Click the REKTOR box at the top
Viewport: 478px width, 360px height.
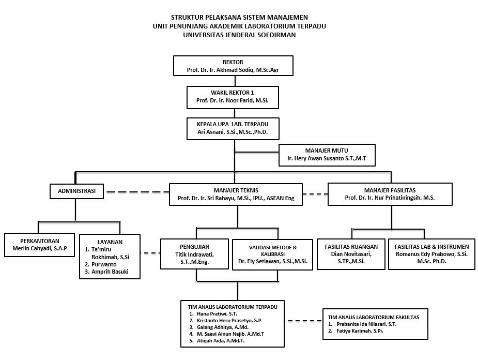tap(233, 66)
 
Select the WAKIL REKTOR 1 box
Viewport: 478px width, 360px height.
tap(233, 97)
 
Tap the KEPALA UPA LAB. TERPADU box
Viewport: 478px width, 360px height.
tap(233, 129)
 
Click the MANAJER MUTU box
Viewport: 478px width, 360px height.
tap(327, 155)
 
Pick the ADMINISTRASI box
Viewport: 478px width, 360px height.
tap(77, 191)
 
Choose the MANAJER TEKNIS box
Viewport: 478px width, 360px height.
tap(236, 194)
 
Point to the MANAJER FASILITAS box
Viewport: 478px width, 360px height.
tap(390, 194)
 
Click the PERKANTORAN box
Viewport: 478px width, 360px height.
tap(40, 245)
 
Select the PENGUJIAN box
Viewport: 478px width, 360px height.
tap(194, 254)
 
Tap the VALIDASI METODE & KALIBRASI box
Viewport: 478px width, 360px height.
tap(272, 255)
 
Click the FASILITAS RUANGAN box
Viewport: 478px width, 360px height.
tap(351, 254)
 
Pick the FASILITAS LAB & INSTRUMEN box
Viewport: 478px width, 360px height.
tap(431, 254)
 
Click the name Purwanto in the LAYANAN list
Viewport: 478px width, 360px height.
tap(104, 264)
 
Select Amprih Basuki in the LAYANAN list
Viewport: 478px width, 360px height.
tap(110, 272)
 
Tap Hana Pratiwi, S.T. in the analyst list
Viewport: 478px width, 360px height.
tap(217, 313)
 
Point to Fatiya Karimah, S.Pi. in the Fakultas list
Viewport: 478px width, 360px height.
tap(360, 331)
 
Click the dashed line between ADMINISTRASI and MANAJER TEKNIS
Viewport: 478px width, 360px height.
tap(138, 192)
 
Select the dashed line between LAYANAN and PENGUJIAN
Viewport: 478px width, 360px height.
tap(150, 253)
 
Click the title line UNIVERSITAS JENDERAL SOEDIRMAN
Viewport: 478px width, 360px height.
tap(239, 35)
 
